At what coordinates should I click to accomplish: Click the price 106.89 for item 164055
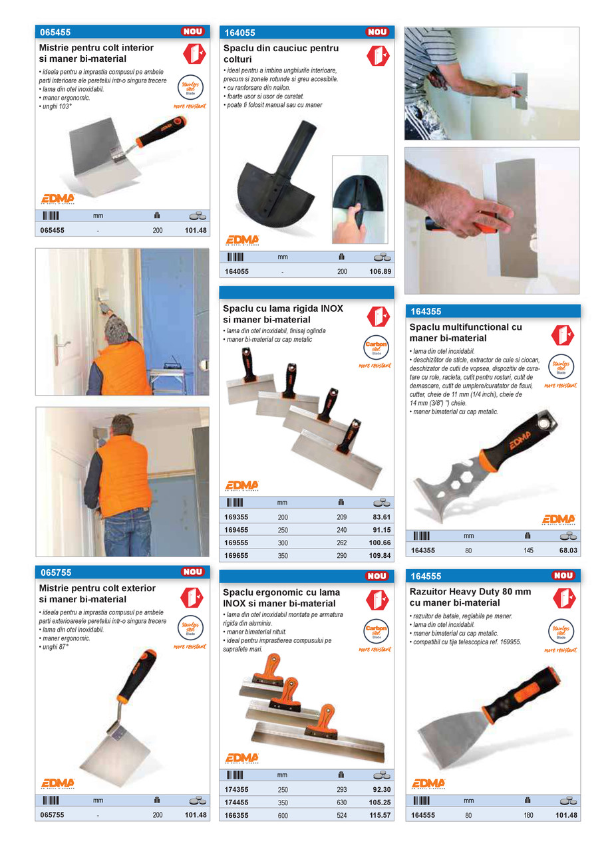click(x=381, y=272)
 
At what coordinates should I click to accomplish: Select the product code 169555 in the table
click(x=236, y=543)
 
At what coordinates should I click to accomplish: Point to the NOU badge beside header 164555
click(x=563, y=576)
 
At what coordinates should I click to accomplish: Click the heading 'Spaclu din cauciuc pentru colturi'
click(x=281, y=54)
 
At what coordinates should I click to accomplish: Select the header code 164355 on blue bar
click(x=426, y=311)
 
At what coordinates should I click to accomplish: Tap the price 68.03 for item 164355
click(x=567, y=551)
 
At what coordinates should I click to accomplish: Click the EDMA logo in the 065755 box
click(x=58, y=783)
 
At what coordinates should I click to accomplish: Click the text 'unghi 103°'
click(x=55, y=106)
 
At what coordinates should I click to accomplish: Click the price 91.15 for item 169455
click(x=381, y=529)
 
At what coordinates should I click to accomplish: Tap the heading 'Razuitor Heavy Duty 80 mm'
click(x=470, y=592)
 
